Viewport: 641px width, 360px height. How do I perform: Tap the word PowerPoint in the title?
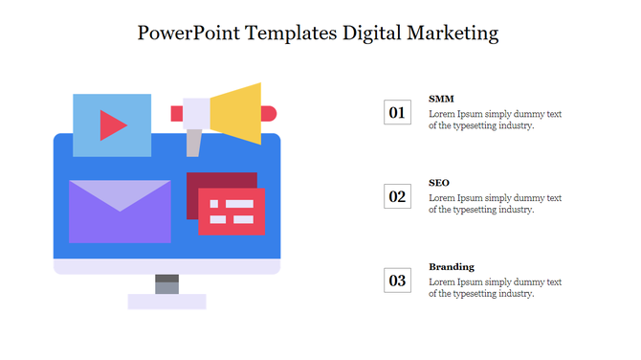click(x=188, y=33)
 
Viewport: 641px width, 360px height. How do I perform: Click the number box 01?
click(x=397, y=113)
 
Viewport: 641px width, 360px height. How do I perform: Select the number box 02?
click(x=397, y=197)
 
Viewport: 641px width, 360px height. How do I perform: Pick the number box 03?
click(x=397, y=281)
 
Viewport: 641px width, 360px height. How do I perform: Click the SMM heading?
click(x=441, y=99)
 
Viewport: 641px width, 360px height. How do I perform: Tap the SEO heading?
click(x=439, y=182)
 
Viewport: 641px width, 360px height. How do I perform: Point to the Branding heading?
click(x=452, y=266)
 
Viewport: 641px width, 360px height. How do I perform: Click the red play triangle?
click(x=113, y=125)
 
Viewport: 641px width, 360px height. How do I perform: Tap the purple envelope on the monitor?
click(x=120, y=212)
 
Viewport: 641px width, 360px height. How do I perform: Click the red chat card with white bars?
click(x=232, y=212)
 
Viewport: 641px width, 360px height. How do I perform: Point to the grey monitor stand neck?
click(x=166, y=284)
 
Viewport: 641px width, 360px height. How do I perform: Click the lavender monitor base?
click(x=166, y=302)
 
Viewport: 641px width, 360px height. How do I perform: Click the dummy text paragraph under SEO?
click(x=495, y=204)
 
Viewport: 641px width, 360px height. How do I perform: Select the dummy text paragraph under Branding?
click(x=495, y=288)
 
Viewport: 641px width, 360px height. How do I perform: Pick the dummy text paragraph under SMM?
click(x=495, y=120)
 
